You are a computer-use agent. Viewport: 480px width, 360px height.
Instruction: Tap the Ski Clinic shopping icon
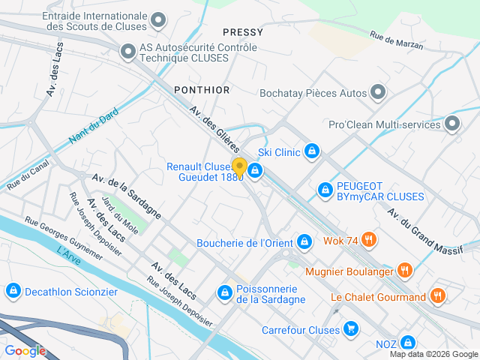click(x=313, y=152)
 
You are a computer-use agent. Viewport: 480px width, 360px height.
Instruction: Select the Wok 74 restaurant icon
click(x=368, y=241)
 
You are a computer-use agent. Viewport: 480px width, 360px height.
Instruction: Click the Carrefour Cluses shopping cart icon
click(x=350, y=329)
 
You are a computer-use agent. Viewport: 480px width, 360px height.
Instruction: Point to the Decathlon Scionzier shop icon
click(x=12, y=290)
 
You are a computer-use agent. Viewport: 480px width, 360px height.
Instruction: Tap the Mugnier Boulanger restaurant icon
click(x=404, y=269)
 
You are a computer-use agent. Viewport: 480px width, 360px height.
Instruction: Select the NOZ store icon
click(x=407, y=343)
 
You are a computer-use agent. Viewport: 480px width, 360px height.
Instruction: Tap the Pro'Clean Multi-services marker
click(x=453, y=123)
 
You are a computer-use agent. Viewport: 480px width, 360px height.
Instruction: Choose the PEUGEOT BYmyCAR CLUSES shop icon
click(x=325, y=190)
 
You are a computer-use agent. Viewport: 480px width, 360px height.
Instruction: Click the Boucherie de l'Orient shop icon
click(x=304, y=241)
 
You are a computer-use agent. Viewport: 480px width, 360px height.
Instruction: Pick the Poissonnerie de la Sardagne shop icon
click(x=224, y=292)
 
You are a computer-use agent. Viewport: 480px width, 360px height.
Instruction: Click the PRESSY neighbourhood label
click(x=243, y=32)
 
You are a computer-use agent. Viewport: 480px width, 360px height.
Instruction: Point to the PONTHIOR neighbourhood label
click(x=202, y=89)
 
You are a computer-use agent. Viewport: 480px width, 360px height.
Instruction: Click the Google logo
click(x=25, y=350)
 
